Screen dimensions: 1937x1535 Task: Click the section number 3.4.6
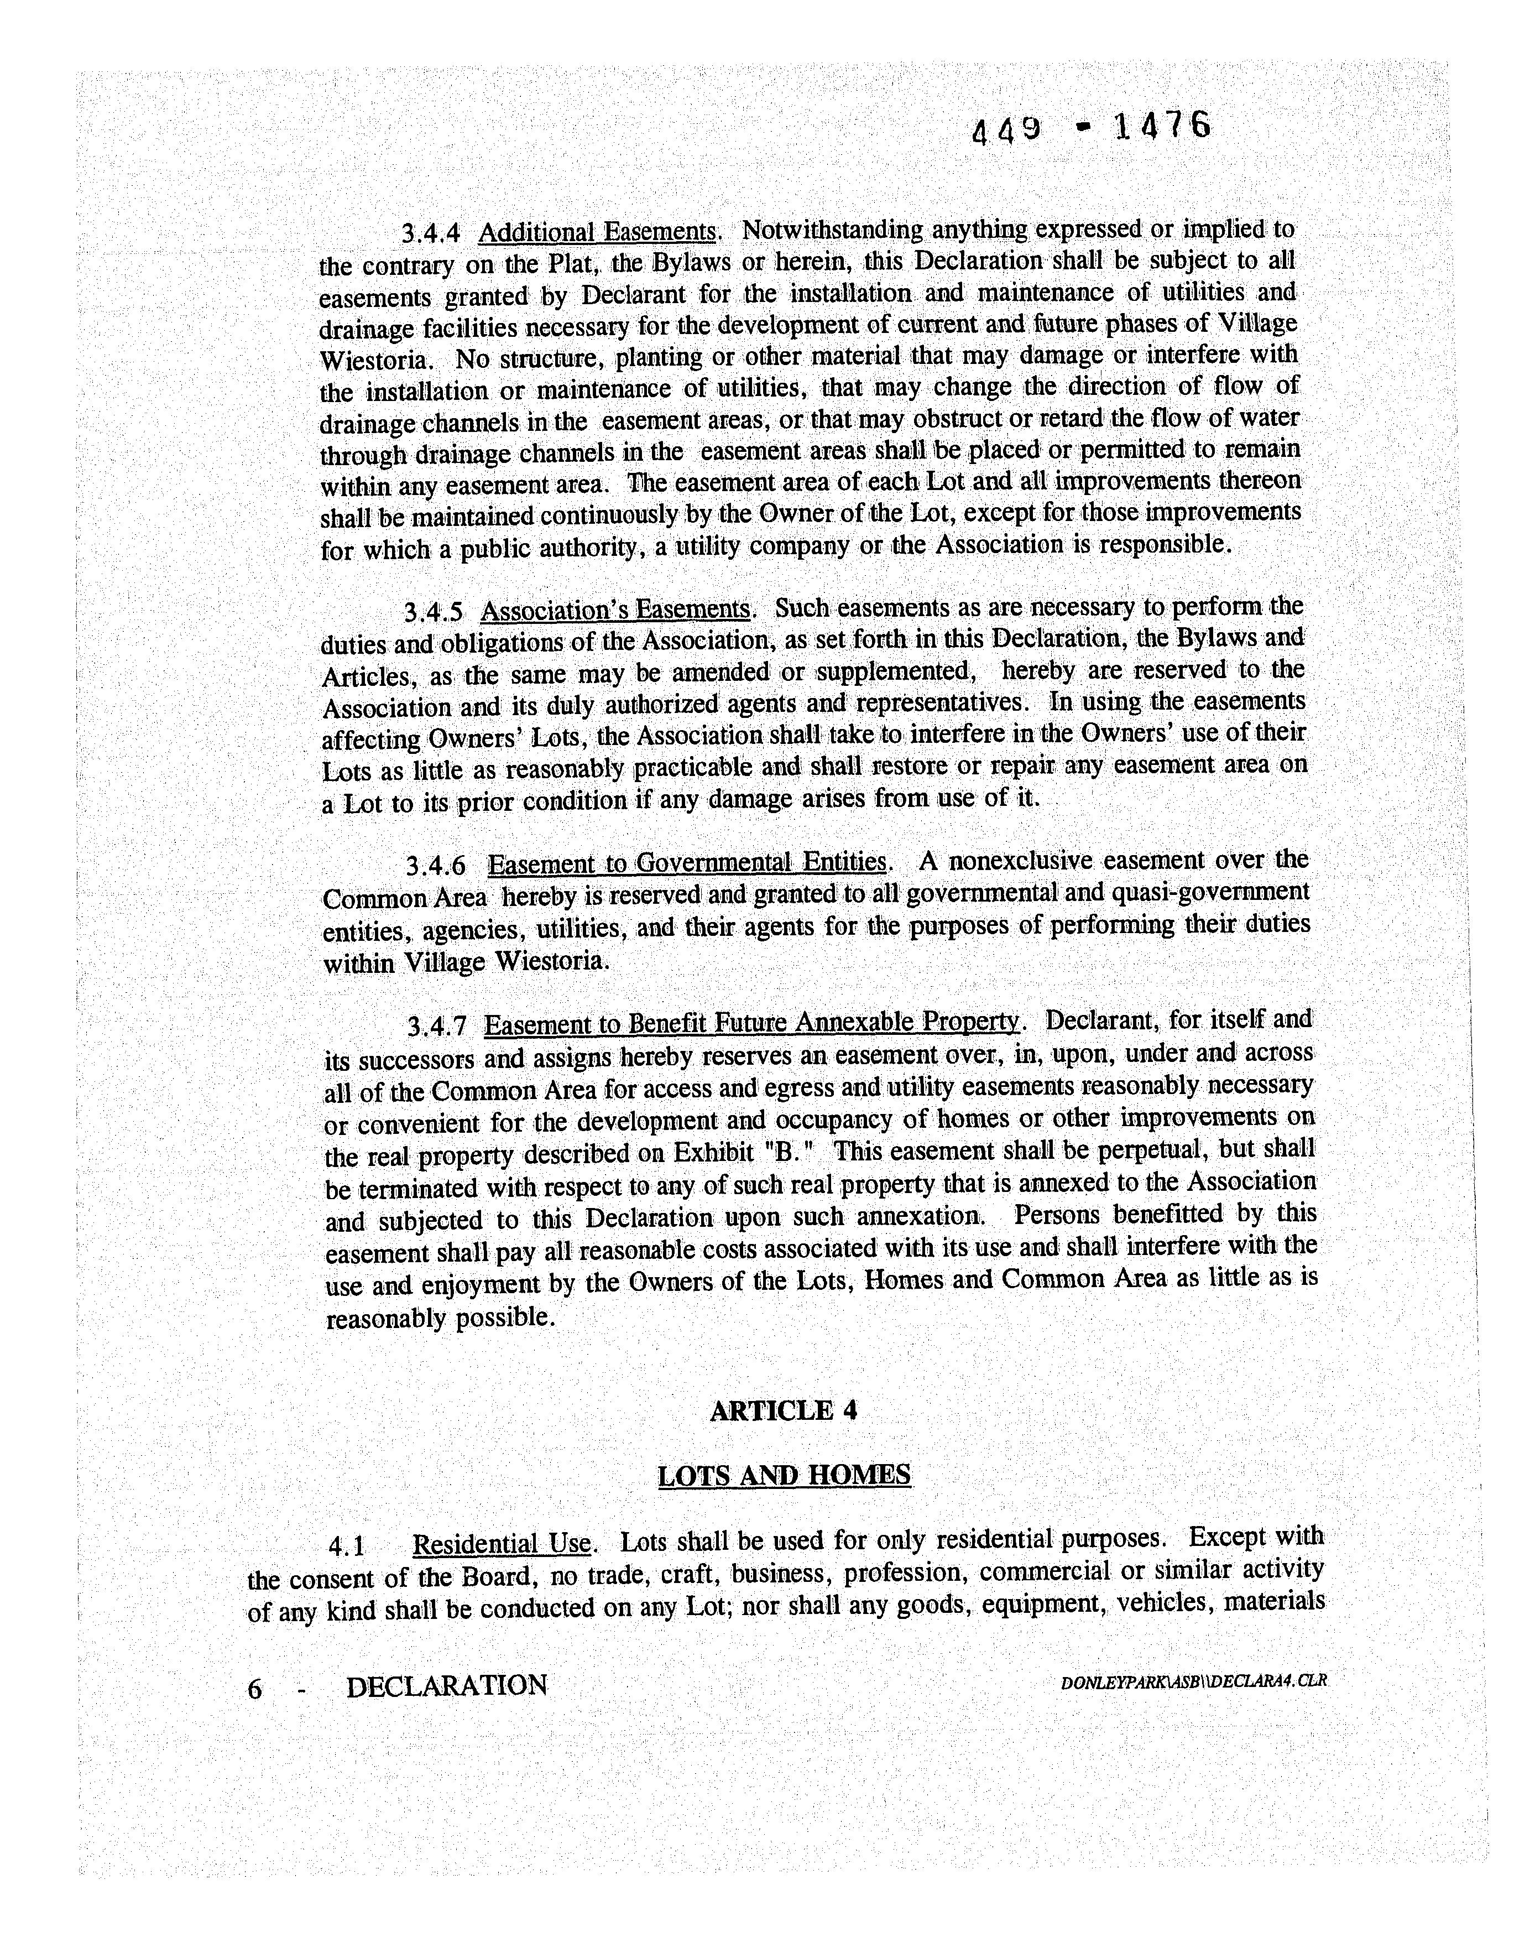[x=436, y=865]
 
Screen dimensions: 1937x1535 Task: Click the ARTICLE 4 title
[x=783, y=1410]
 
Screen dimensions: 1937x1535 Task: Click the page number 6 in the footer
[x=254, y=1690]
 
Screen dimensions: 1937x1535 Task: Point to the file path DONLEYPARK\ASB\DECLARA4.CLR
[x=1193, y=1681]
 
